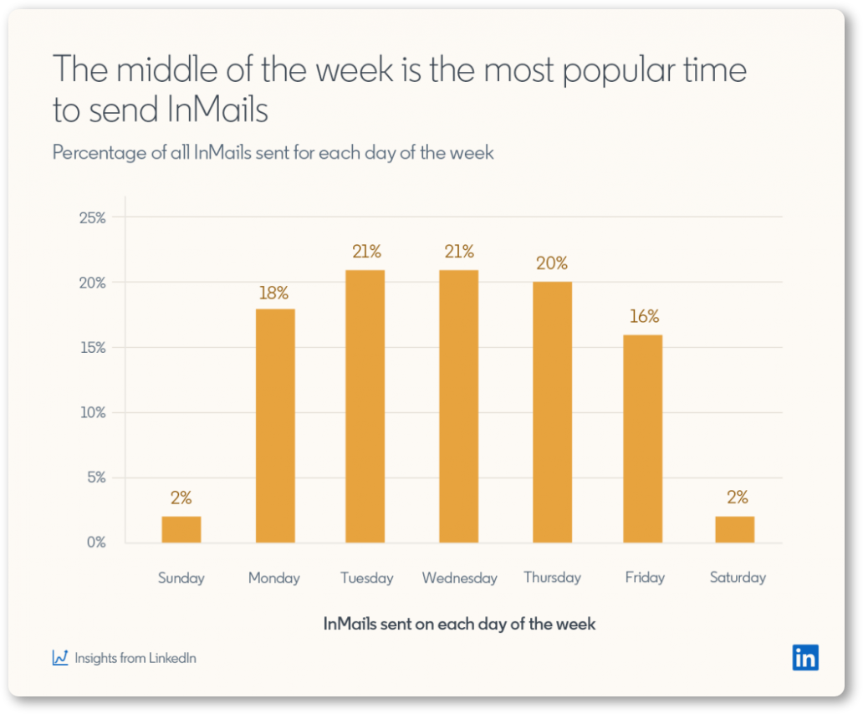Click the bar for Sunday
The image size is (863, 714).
click(x=181, y=529)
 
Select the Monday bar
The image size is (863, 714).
click(x=275, y=426)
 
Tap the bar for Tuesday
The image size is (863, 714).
click(x=365, y=406)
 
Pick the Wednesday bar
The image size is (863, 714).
click(x=458, y=406)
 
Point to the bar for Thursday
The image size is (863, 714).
click(x=552, y=412)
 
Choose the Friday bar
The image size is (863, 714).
click(x=643, y=439)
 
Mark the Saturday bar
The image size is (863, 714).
click(x=735, y=529)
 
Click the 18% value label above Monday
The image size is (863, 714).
click(x=273, y=293)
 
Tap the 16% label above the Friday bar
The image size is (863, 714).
click(x=644, y=316)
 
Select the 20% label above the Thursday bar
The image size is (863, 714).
click(x=552, y=263)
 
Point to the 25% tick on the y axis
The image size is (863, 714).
click(x=93, y=218)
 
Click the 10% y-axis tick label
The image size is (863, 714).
click(x=93, y=412)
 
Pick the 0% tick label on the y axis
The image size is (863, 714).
click(x=96, y=543)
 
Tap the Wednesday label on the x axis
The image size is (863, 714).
click(x=460, y=578)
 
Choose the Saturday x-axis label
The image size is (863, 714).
click(x=738, y=578)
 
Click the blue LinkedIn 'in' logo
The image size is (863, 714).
click(x=805, y=657)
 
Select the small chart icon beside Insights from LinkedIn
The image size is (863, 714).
click(x=60, y=657)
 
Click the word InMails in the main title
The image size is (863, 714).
click(x=217, y=110)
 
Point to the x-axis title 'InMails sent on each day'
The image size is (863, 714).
click(x=459, y=625)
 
